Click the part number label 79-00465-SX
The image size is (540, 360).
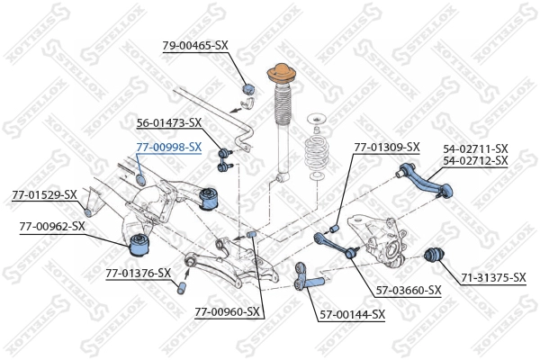tap(195, 44)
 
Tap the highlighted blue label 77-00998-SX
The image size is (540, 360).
tap(168, 146)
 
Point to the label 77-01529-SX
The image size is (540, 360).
tap(44, 194)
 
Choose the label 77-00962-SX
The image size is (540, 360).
tap(52, 226)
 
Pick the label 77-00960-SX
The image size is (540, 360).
tap(227, 312)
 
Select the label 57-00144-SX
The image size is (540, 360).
tap(352, 314)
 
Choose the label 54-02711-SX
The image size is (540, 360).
tap(475, 148)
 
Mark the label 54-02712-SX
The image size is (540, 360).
tap(475, 161)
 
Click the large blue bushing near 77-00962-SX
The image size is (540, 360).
tap(140, 242)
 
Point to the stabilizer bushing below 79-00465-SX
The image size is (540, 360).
tap(251, 87)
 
